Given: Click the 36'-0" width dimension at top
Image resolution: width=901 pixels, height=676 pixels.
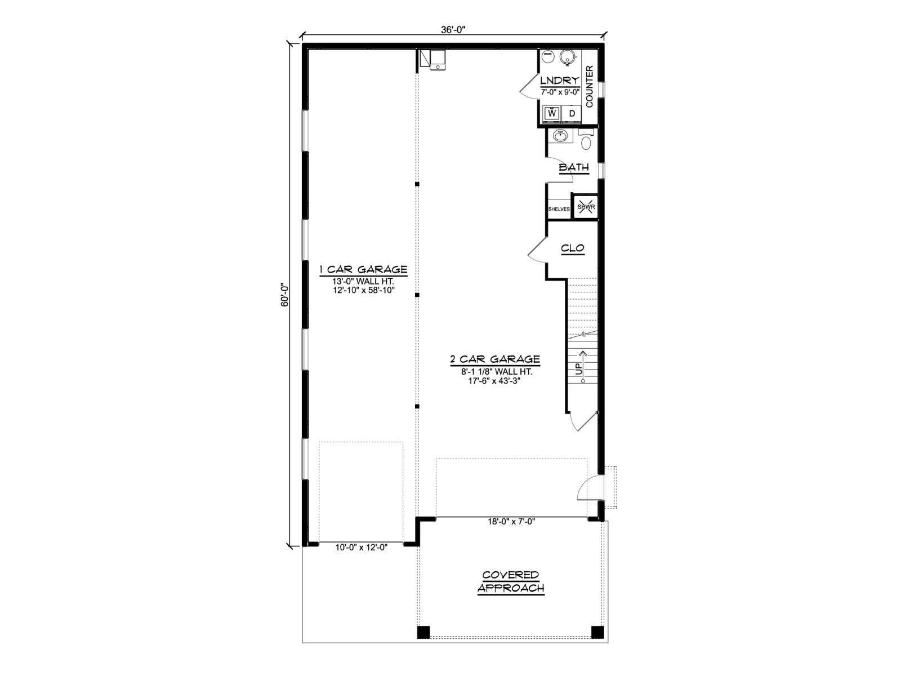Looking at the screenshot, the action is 453,29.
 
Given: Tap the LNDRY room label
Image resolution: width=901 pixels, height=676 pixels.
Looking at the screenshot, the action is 560,81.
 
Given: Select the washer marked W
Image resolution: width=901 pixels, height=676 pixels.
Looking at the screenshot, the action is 552,114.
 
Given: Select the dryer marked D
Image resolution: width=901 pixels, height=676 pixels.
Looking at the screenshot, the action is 572,114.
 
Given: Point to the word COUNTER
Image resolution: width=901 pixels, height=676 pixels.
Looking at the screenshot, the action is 590,87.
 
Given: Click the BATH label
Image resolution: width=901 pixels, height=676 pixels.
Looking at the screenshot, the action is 574,167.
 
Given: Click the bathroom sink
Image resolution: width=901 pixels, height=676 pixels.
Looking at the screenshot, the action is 560,135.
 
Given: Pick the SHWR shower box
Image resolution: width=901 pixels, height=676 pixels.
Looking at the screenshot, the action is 586,207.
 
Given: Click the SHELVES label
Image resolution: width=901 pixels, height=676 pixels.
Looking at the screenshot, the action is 559,209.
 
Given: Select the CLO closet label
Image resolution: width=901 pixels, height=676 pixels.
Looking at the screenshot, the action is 573,248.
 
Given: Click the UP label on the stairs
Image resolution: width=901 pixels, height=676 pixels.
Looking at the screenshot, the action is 579,369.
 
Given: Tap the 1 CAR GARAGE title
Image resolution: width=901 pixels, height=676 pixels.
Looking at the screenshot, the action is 363,270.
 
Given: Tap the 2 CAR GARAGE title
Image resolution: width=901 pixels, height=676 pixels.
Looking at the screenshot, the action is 496,359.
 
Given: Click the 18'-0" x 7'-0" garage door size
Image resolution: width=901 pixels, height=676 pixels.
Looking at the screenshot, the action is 511,522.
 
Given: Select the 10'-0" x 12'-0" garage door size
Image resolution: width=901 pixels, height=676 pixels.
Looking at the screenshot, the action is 361,548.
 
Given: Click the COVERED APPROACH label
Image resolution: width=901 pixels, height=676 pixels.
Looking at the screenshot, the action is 511,581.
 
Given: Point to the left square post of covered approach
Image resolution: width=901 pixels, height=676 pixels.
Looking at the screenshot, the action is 423,643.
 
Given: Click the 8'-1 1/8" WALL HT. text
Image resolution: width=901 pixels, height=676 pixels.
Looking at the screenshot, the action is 497,372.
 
